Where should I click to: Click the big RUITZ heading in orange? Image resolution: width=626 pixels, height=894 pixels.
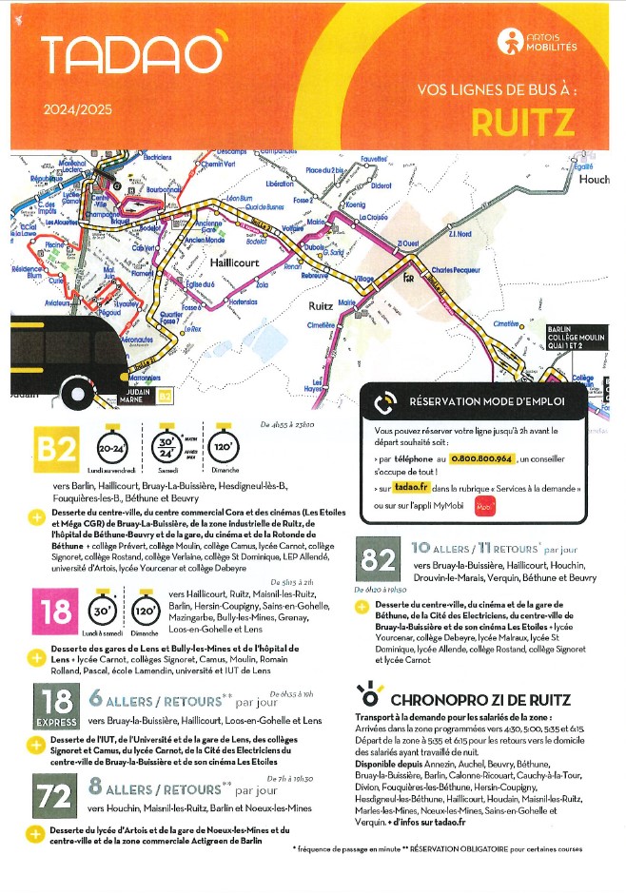pos(522,123)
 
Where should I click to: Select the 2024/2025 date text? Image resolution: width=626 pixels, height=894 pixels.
pos(77,109)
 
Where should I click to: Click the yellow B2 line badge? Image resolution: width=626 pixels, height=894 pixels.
pos(56,452)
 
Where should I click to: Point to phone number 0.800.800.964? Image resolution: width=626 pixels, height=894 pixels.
pos(479,458)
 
